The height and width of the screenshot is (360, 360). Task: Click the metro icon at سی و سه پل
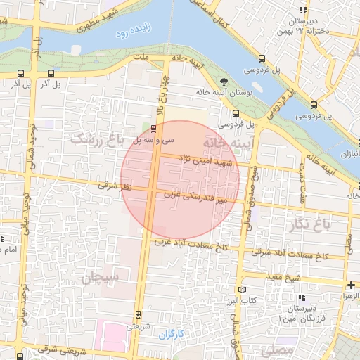tap(153, 128)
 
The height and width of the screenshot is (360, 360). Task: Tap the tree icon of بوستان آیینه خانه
tap(224, 82)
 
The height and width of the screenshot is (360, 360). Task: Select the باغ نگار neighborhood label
tap(307, 225)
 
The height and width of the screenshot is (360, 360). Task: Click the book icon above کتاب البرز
tap(243, 289)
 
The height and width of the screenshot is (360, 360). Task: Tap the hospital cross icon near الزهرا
tap(351, 285)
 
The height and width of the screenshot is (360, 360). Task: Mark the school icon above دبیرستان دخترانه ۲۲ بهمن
tap(303, 11)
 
